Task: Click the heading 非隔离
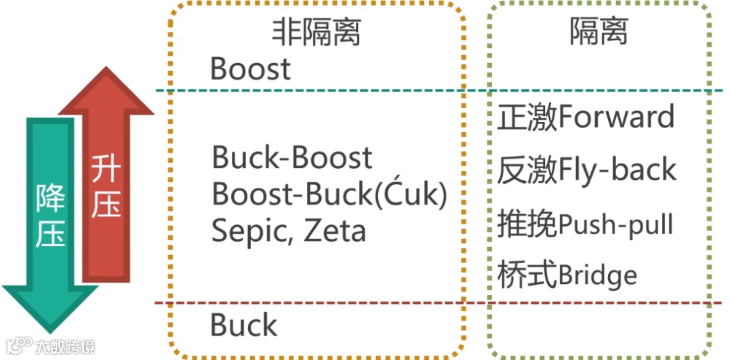316,32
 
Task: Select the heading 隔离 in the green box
598,31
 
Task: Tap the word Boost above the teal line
250,69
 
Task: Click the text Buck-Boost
292,158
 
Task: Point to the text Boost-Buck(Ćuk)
330,195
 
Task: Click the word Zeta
334,231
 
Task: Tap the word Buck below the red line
244,325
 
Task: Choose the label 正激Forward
586,117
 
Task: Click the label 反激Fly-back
587,169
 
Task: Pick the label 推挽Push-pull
585,223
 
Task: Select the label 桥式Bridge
567,275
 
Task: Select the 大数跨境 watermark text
66,346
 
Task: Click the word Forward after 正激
617,117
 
